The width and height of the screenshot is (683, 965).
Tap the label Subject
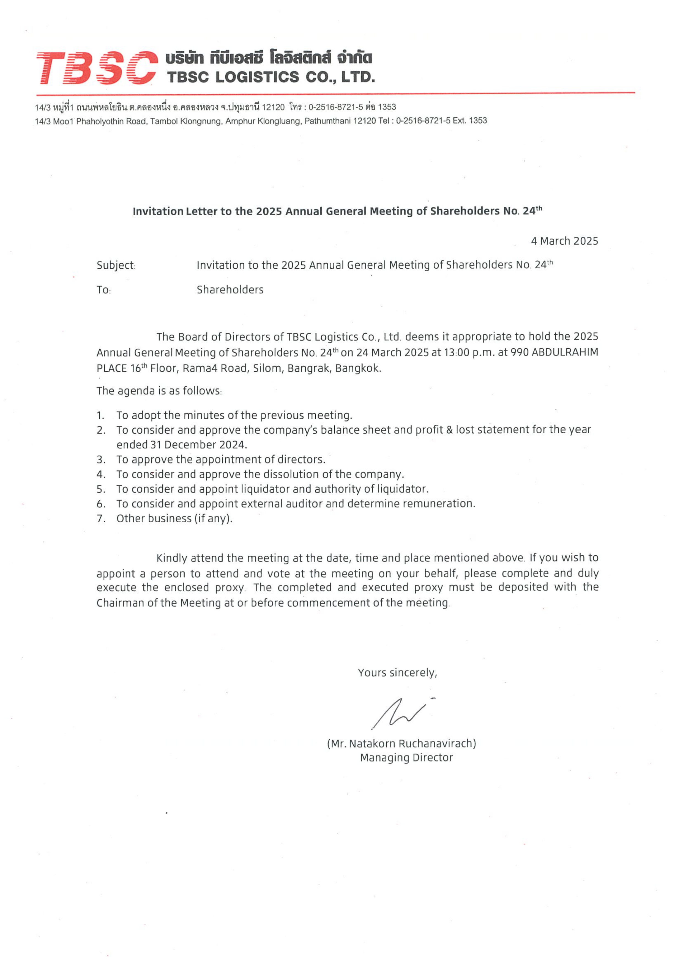coord(116,265)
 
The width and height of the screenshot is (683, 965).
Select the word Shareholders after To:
coord(230,289)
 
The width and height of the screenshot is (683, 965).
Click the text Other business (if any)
coord(174,519)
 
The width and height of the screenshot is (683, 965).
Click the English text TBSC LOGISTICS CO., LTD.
coord(271,77)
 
